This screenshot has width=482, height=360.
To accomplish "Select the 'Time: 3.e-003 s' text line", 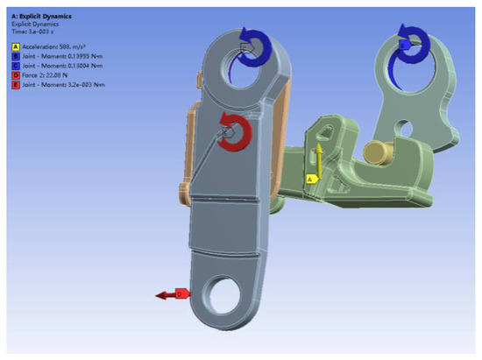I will coord(29,30).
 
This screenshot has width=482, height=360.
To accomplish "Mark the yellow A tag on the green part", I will coord(309,178).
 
